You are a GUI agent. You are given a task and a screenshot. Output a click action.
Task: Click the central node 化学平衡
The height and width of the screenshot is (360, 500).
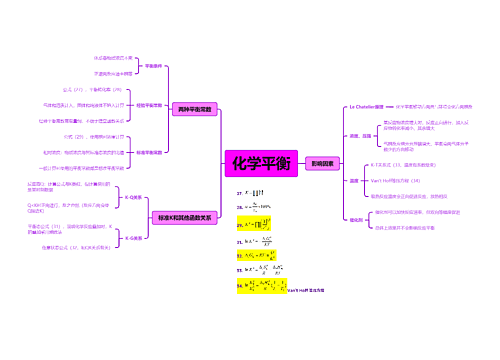point(262,163)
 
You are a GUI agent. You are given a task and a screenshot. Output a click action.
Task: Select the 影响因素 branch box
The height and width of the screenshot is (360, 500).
point(323,162)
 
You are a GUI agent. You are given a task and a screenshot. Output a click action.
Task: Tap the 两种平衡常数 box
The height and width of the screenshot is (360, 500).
point(193,108)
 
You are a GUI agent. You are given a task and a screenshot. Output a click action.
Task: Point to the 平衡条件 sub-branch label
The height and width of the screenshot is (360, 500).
point(154,66)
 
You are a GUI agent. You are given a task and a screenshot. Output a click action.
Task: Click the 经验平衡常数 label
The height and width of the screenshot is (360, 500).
point(147,104)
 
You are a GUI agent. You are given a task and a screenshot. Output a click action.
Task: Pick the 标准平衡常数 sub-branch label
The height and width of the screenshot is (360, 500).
point(147,151)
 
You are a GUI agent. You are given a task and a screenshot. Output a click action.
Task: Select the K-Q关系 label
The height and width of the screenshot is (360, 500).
point(133,198)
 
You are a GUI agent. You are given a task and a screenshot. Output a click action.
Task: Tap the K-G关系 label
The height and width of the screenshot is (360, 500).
point(133,238)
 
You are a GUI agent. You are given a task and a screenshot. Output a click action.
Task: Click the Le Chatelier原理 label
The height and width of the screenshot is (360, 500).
point(366,105)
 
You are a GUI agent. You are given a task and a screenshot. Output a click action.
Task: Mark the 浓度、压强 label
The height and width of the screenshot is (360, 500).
point(361,135)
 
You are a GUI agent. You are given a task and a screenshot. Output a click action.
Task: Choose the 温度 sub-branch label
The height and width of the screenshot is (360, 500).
point(354,181)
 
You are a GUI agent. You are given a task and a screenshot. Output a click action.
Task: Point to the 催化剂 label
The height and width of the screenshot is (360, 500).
point(356,220)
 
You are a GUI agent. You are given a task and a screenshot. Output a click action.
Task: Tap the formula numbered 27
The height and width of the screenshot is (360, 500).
point(251,191)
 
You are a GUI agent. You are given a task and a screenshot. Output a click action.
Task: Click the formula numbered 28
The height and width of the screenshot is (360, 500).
point(253,206)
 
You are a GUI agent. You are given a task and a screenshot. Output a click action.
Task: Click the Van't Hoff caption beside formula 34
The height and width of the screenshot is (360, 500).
point(305,289)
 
